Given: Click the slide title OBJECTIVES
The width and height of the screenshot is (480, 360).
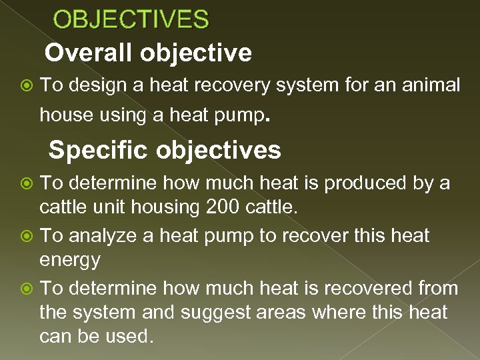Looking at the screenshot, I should coord(131,19).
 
